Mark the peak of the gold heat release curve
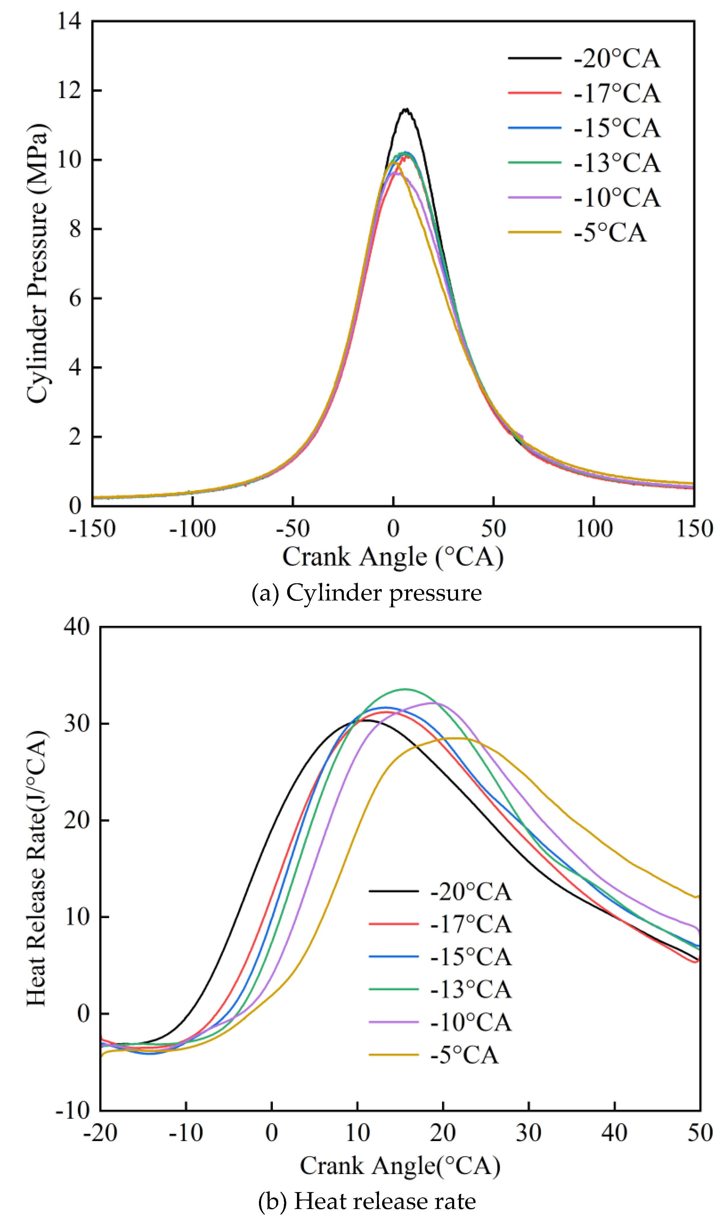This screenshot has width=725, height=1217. coord(457,738)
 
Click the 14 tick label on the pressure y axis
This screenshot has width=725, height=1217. coord(69,21)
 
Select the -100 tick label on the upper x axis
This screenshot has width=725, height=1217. coord(193,529)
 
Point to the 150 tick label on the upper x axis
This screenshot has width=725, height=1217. coord(694,529)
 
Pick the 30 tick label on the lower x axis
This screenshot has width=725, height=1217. coord(529,1132)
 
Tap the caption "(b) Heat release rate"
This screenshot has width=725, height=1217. coord(366,1201)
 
